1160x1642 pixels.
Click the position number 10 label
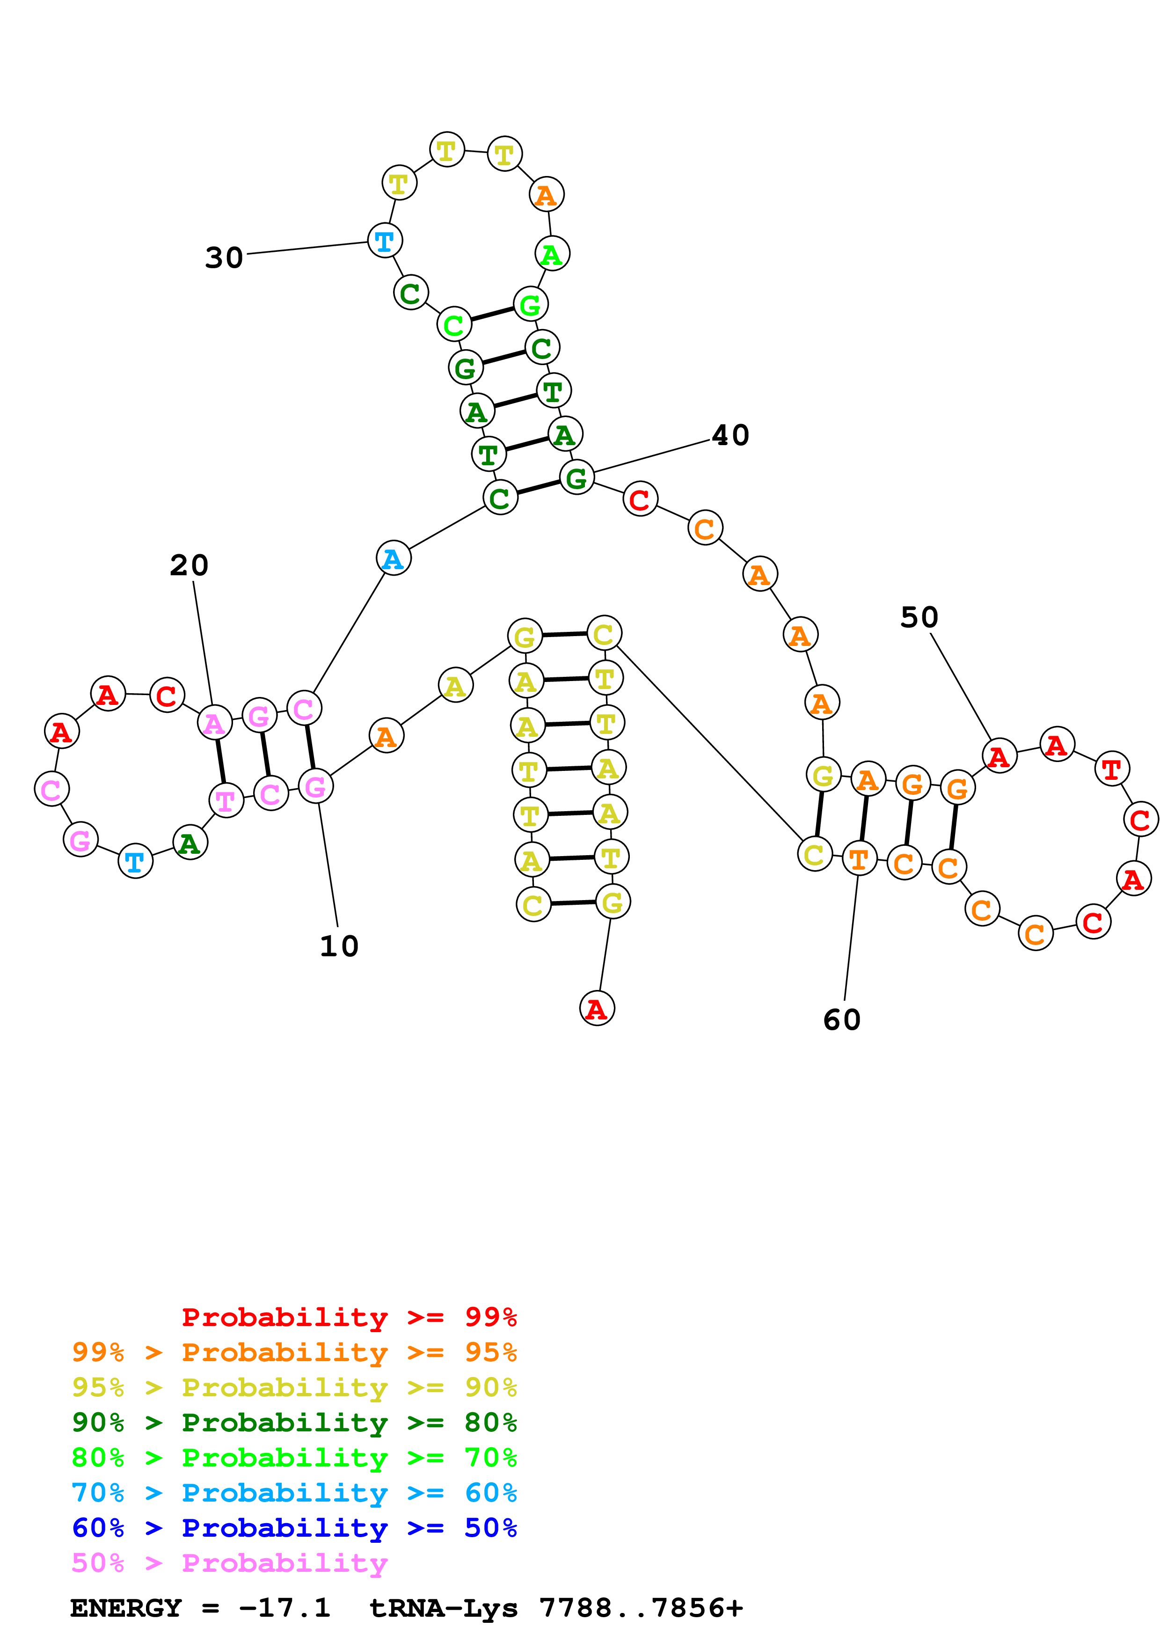click(x=339, y=946)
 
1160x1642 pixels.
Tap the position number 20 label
click(x=190, y=566)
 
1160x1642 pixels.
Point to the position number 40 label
click(x=730, y=435)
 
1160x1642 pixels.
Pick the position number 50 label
click(x=919, y=617)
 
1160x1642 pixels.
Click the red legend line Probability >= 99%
click(x=349, y=1317)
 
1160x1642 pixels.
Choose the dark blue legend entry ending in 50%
click(x=294, y=1528)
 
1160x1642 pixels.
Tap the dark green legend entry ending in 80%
click(x=294, y=1422)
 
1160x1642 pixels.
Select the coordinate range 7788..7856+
click(x=641, y=1608)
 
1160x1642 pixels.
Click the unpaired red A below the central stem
click(x=597, y=1008)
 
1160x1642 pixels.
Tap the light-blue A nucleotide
click(x=393, y=558)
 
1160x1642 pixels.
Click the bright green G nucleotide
click(x=530, y=305)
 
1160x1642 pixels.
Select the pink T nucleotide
click(x=226, y=800)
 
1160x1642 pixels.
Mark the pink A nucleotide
click(x=214, y=723)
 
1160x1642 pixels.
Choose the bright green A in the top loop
click(x=552, y=254)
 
